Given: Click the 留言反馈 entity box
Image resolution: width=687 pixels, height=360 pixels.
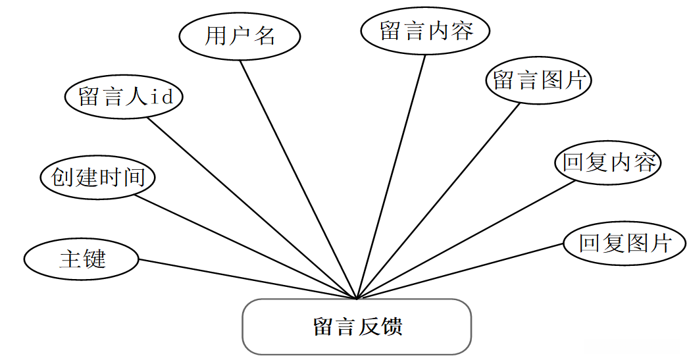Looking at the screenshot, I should tap(357, 327).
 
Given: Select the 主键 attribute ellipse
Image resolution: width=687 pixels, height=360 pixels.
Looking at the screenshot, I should tap(82, 259).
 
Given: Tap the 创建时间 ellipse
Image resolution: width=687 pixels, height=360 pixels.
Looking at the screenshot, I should tap(97, 177).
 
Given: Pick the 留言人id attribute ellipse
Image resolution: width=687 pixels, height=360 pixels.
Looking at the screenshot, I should tap(124, 97).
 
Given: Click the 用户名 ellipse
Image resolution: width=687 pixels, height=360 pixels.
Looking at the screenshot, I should tap(240, 36).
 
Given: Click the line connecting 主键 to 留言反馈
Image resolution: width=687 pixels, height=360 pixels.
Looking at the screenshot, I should tap(247, 279).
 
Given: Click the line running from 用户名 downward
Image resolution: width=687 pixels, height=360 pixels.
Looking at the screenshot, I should tap(297, 179).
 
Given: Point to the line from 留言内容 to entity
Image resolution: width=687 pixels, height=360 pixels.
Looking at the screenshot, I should tap(391, 176).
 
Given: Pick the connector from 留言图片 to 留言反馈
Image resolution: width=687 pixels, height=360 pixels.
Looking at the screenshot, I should tap(438, 201).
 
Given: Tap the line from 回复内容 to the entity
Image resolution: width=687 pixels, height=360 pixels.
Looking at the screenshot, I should tap(466, 240).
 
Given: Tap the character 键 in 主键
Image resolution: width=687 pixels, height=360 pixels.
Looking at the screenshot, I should tap(94, 259).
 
